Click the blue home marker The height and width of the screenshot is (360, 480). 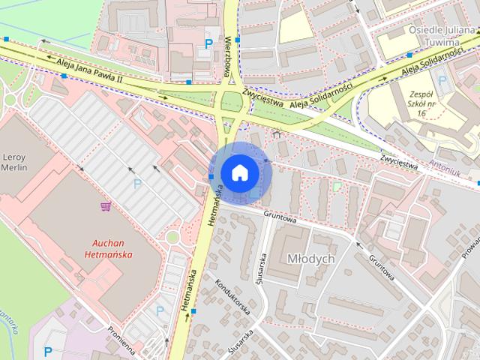click(240, 172)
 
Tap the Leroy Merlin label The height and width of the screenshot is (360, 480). click(15, 161)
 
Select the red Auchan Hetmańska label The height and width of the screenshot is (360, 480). click(112, 248)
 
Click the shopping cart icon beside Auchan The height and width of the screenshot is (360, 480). click(106, 206)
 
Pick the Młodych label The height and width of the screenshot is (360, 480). click(310, 258)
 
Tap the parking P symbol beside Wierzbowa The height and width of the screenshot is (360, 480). click(208, 44)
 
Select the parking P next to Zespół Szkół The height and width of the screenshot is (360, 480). click(442, 80)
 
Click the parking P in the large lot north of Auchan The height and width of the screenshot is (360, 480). click(137, 183)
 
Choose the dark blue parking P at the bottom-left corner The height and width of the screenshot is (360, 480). click(48, 350)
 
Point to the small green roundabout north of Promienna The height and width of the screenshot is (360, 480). click(172, 237)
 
